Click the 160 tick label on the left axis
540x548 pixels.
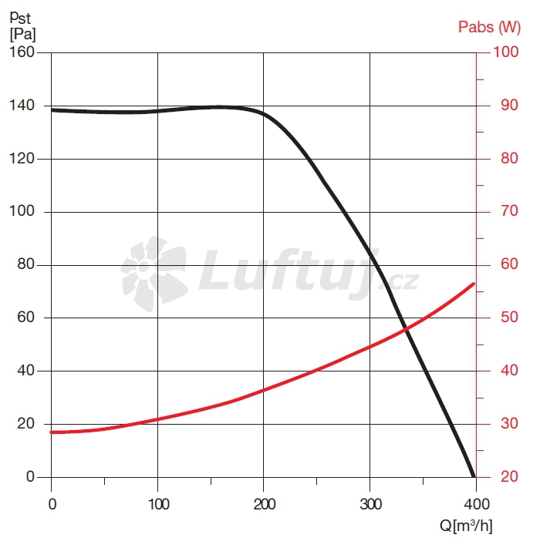coord(22,52)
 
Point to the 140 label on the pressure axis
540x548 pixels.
coord(22,106)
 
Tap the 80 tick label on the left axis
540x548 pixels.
coord(26,264)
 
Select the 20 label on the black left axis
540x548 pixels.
coord(26,424)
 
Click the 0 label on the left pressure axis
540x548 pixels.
coord(30,477)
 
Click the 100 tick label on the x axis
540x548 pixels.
coord(157,505)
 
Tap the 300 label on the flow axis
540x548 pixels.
coord(370,505)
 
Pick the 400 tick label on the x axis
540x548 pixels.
coord(476,505)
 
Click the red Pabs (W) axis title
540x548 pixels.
coord(489,28)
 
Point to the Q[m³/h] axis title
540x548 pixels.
coord(466,526)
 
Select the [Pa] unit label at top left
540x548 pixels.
coord(22,34)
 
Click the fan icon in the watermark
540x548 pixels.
coord(153,274)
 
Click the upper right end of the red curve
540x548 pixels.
coord(474,284)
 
